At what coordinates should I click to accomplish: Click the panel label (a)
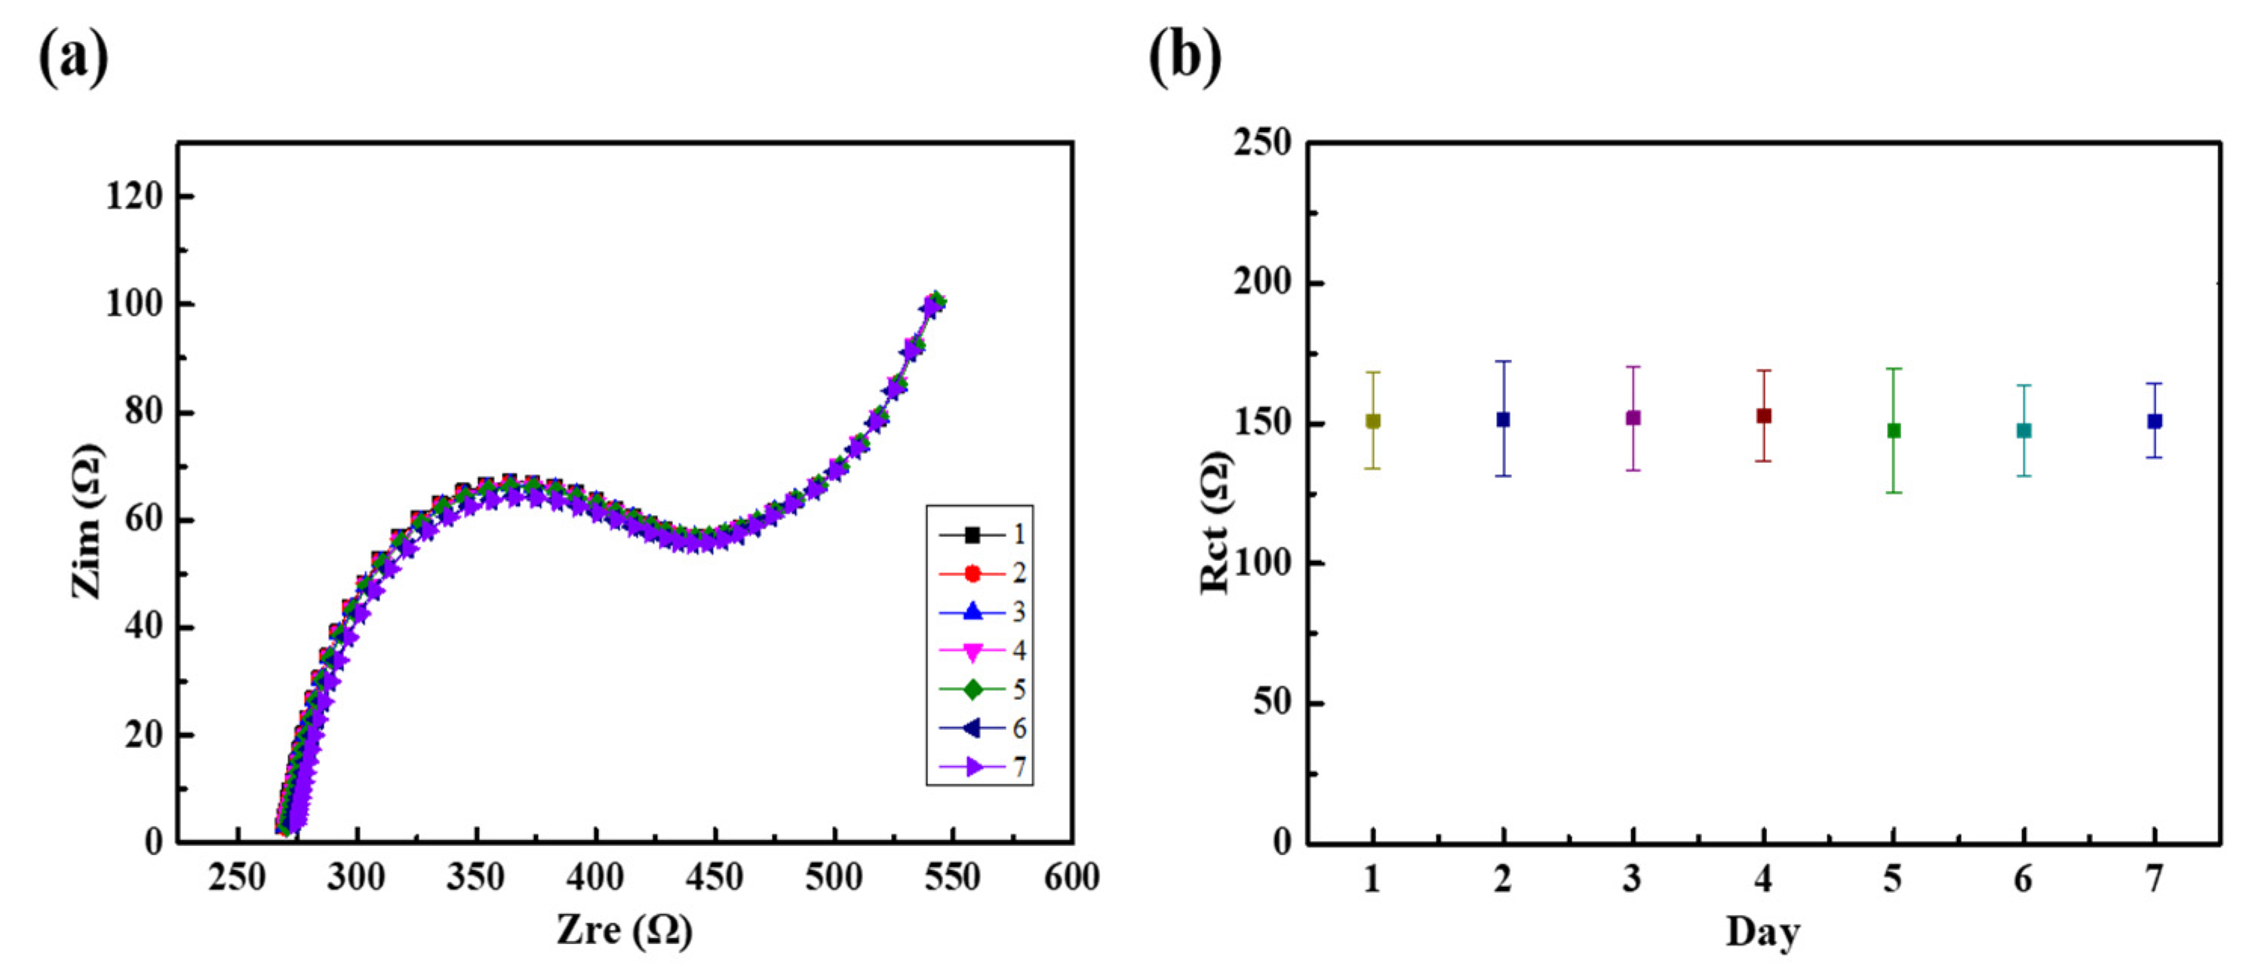(x=73, y=57)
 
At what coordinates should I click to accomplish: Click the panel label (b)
(x=1185, y=57)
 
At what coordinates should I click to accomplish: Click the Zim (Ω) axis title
(x=88, y=521)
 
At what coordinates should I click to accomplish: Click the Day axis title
(x=1762, y=931)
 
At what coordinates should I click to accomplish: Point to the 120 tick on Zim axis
(x=134, y=196)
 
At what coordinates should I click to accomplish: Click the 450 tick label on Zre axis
(x=714, y=877)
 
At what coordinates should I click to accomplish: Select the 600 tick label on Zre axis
(x=1071, y=877)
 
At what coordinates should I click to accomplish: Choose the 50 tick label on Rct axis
(x=1273, y=703)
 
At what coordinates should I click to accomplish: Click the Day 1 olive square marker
(x=1372, y=421)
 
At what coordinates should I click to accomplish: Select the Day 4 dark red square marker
(x=1763, y=415)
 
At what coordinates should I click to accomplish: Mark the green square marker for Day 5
(x=1893, y=431)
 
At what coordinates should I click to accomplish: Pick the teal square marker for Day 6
(x=2023, y=431)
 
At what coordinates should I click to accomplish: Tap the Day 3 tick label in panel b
(x=1632, y=878)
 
